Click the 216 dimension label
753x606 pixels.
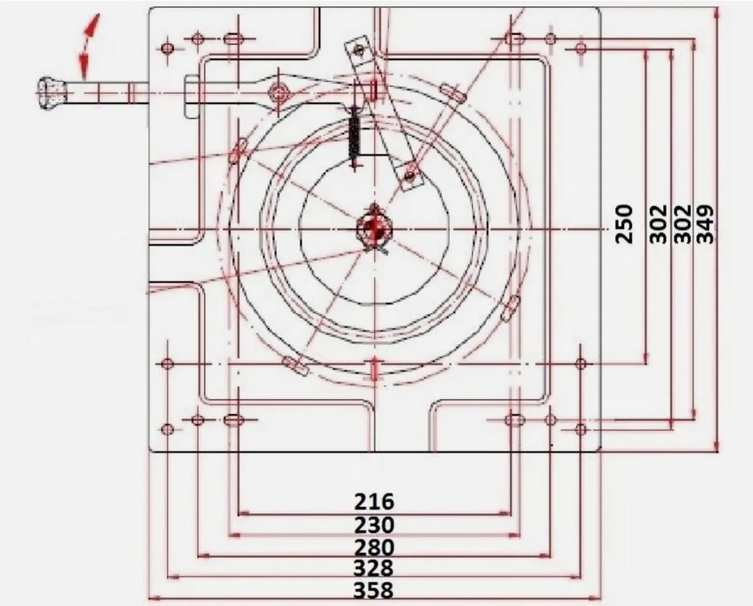tap(374, 502)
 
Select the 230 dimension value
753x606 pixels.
tap(374, 525)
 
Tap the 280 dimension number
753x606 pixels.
tap(374, 548)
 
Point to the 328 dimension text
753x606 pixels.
tap(373, 568)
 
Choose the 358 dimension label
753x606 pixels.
tap(373, 590)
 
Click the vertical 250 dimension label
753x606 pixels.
tap(624, 225)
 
